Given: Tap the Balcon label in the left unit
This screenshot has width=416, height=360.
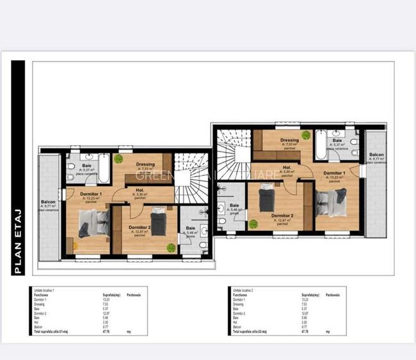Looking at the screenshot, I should pos(49,202).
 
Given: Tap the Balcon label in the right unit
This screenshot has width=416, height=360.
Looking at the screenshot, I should pos(376,155).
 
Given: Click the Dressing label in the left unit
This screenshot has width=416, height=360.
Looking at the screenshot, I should pos(145,164).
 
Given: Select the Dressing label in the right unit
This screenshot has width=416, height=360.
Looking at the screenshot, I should pos(289,140).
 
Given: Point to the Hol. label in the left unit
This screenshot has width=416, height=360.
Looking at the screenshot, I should pos(140,190).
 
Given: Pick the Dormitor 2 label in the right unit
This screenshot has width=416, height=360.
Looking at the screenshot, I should pos(282,215).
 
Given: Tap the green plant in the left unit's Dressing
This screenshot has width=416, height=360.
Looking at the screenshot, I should pos(118,158).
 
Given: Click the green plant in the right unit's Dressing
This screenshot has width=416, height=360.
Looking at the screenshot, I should pos(306,135).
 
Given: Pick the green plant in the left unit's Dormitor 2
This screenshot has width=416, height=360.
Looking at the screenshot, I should pos(171,247).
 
